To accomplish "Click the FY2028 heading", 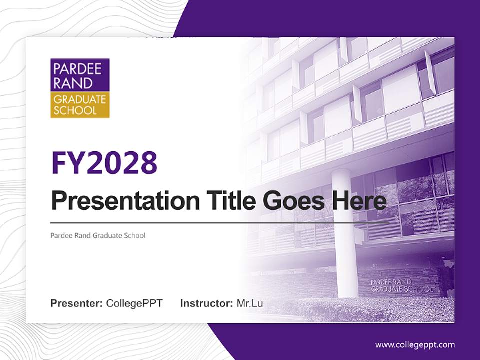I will pos(104,163).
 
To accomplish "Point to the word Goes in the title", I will pos(291,201).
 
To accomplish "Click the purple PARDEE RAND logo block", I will pos(80,75).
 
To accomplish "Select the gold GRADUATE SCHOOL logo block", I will pos(80,105).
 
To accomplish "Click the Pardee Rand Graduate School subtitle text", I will pos(98,235).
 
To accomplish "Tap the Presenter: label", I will pos(77,303).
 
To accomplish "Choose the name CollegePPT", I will pos(134,303).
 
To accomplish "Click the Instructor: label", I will pos(206,303).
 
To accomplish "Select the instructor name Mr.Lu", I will pos(250,303).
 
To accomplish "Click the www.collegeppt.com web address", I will pos(415,345).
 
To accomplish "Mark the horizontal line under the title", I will pos(220,222).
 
